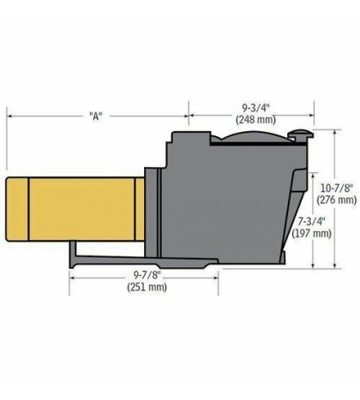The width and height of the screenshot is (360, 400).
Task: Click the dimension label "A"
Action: pos(97,115)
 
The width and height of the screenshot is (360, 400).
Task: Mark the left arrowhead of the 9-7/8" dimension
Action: pos(70,276)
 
